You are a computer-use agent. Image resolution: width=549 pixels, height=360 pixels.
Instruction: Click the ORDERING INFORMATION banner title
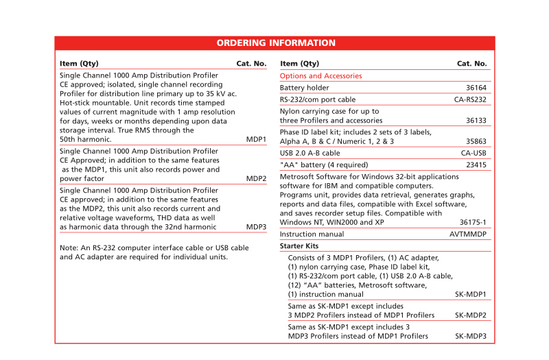point(276,43)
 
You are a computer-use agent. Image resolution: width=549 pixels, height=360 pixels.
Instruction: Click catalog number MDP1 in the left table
point(256,139)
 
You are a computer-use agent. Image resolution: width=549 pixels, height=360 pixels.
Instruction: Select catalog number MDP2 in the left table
point(256,178)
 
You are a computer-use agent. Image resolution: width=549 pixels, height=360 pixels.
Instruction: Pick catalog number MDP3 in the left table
point(256,226)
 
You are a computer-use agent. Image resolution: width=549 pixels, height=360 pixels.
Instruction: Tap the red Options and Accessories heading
point(320,76)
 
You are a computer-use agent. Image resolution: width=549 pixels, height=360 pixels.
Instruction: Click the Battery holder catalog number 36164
point(476,88)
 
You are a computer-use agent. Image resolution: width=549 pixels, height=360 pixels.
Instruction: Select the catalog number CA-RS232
point(470,99)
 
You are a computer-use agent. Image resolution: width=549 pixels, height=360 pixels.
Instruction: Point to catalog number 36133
point(476,120)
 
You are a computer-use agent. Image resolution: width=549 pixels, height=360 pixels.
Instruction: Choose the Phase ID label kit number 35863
point(476,141)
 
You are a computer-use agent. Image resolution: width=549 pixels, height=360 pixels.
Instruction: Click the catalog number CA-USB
point(474,153)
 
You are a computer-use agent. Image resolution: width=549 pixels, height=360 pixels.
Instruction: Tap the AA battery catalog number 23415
point(476,165)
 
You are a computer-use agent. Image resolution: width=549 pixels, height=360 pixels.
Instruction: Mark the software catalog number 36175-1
point(473,222)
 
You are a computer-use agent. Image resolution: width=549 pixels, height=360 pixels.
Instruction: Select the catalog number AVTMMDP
point(468,235)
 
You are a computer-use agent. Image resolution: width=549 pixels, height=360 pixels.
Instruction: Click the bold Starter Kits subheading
point(299,246)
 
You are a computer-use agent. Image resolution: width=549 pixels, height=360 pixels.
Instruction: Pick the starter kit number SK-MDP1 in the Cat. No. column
point(471,294)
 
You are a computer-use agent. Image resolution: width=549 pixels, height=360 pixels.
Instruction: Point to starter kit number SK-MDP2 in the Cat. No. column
point(471,315)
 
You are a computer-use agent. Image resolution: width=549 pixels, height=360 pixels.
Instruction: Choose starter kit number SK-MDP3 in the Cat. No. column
point(471,336)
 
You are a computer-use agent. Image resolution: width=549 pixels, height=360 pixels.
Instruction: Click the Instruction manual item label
point(312,235)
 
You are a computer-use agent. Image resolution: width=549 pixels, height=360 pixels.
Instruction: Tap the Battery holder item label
point(304,88)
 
